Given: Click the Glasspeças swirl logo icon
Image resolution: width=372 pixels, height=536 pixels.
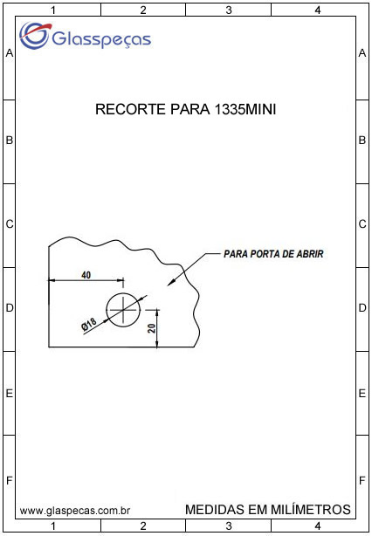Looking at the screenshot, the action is pyautogui.click(x=35, y=35).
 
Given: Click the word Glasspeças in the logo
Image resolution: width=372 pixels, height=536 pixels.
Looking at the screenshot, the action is pyautogui.click(x=101, y=38).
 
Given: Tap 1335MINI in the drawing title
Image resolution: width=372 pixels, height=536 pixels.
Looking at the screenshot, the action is pyautogui.click(x=245, y=109).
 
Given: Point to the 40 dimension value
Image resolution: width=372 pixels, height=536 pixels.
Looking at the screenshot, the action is pyautogui.click(x=86, y=275).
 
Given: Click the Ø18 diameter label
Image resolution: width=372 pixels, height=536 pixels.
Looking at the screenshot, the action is pyautogui.click(x=90, y=324).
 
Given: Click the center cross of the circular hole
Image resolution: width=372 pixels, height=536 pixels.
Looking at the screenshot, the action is pyautogui.click(x=123, y=310).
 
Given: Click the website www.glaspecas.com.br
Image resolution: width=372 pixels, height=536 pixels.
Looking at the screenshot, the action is pyautogui.click(x=75, y=511).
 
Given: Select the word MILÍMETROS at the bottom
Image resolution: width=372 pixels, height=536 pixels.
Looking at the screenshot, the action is pyautogui.click(x=311, y=509).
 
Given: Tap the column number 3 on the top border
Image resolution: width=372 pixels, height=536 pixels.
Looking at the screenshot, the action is pyautogui.click(x=229, y=10).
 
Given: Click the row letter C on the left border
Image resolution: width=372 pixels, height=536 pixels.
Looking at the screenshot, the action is pyautogui.click(x=10, y=224).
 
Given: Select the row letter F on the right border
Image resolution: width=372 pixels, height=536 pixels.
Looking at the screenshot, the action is pyautogui.click(x=362, y=481).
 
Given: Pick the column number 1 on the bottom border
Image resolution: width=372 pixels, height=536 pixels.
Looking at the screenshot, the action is pyautogui.click(x=52, y=526).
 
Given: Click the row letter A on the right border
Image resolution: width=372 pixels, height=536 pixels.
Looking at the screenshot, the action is pyautogui.click(x=362, y=53).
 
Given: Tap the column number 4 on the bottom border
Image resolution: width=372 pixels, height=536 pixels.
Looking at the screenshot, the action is pyautogui.click(x=318, y=526).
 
